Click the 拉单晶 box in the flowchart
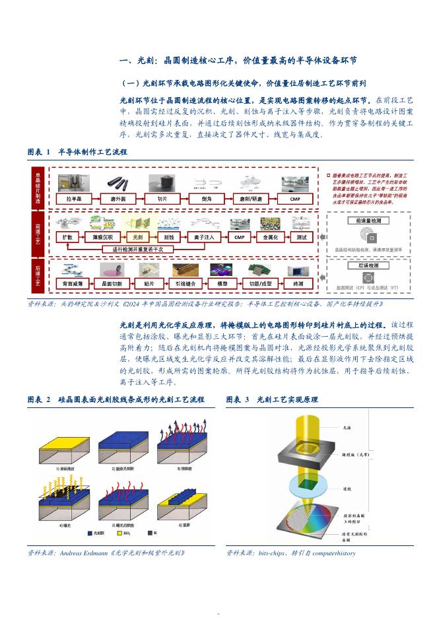[x=73, y=199]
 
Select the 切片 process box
[x=161, y=199]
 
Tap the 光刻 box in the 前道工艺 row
[x=137, y=237]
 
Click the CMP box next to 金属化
[x=239, y=237]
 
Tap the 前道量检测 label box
[x=370, y=221]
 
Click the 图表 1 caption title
[x=77, y=152]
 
